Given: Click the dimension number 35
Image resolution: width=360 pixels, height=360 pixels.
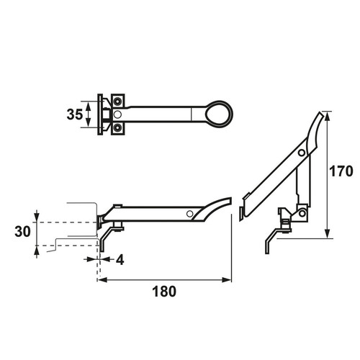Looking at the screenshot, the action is pyautogui.click(x=75, y=114).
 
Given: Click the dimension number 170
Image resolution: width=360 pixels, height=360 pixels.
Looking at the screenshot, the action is pyautogui.click(x=341, y=171).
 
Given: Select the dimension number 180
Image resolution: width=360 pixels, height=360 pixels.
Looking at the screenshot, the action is pyautogui.click(x=164, y=292).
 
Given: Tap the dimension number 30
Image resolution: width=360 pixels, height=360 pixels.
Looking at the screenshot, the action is pyautogui.click(x=23, y=232).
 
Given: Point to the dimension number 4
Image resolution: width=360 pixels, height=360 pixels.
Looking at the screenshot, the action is pyautogui.click(x=120, y=259).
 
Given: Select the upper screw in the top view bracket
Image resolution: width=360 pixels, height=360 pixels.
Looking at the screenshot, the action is pyautogui.click(x=117, y=102).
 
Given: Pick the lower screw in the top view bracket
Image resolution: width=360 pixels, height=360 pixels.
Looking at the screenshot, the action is pyautogui.click(x=117, y=128).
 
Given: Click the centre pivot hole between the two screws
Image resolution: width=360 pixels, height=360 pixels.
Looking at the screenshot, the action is pyautogui.click(x=117, y=114).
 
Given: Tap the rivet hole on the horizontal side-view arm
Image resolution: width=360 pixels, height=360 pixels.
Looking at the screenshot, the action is pyautogui.click(x=190, y=214).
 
